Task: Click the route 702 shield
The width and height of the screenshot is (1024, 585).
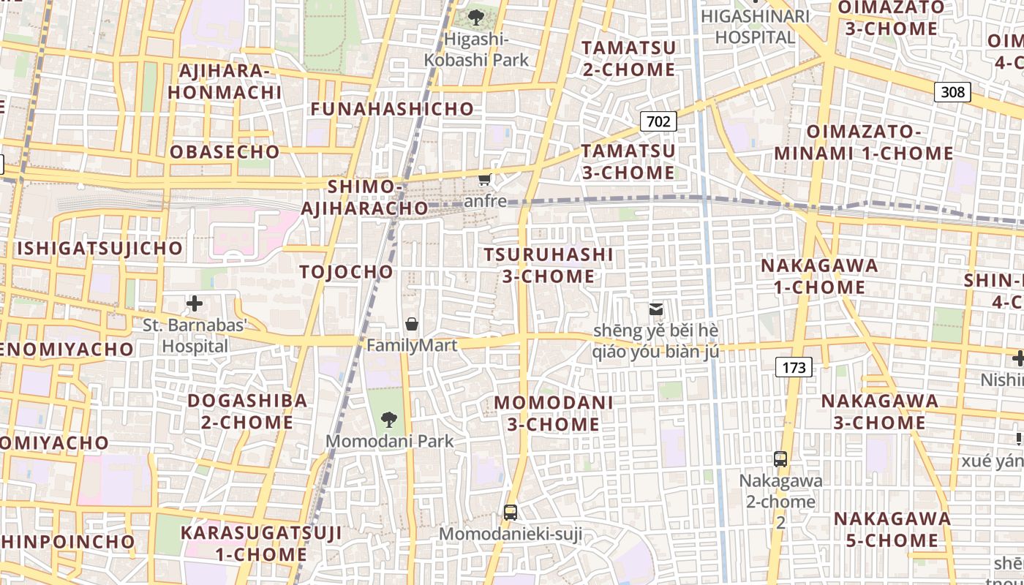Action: tap(658, 121)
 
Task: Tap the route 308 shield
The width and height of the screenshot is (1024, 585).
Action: tap(952, 92)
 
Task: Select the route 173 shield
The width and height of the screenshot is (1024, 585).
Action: tap(794, 367)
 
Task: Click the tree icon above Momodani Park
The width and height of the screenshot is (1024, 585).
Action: tap(389, 420)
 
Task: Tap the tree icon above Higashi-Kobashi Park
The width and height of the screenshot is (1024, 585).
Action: tap(476, 17)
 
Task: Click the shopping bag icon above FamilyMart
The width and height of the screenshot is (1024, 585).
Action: tap(412, 324)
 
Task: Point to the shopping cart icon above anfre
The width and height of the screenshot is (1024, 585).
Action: tap(484, 179)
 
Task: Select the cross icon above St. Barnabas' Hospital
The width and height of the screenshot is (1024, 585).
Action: tap(195, 303)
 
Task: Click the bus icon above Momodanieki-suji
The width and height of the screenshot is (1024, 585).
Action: tap(511, 513)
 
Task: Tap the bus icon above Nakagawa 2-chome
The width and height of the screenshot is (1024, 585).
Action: tap(780, 459)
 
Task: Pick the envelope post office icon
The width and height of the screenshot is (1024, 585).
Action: tap(656, 310)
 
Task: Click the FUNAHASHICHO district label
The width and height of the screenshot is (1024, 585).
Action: tap(393, 109)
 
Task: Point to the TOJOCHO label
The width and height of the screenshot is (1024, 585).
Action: tap(347, 272)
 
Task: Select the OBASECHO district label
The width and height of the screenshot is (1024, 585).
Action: tap(225, 152)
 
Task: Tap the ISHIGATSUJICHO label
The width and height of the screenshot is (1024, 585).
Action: tap(99, 248)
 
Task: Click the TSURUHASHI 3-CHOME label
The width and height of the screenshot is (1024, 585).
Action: tap(549, 265)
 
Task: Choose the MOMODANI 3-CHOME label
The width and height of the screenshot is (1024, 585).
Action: tap(554, 413)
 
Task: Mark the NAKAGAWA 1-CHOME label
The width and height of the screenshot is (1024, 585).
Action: tap(820, 276)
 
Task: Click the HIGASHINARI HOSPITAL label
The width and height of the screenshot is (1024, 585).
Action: tap(755, 26)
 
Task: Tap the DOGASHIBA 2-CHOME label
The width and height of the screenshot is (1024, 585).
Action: tap(247, 411)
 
